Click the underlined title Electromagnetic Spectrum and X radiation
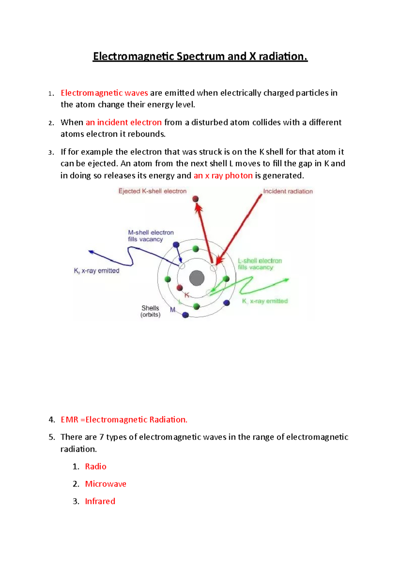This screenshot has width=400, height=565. pyautogui.click(x=200, y=56)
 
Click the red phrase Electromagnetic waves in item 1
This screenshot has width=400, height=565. pyautogui.click(x=104, y=93)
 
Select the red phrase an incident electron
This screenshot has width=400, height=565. pyautogui.click(x=124, y=122)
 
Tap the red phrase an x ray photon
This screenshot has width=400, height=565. pyautogui.click(x=223, y=175)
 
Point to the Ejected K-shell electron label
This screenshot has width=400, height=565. pyautogui.click(x=152, y=191)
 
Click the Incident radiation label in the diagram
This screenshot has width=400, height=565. pyautogui.click(x=288, y=191)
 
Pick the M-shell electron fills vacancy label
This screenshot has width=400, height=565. pyautogui.click(x=151, y=236)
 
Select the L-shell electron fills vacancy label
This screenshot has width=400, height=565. pyautogui.click(x=260, y=264)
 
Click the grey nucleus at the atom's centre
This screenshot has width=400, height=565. pyautogui.click(x=197, y=278)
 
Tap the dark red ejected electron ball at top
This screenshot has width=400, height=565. pyautogui.click(x=196, y=199)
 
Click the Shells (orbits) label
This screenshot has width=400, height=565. pyautogui.click(x=150, y=311)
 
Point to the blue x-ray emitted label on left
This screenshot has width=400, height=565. pyautogui.click(x=97, y=271)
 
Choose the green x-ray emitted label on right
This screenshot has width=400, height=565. pyautogui.click(x=265, y=301)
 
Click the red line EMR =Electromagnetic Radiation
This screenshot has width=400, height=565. pyautogui.click(x=124, y=420)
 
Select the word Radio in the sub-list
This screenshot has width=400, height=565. pyautogui.click(x=96, y=467)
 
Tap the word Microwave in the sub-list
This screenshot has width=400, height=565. pyautogui.click(x=106, y=484)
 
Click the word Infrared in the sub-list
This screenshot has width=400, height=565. pyautogui.click(x=100, y=501)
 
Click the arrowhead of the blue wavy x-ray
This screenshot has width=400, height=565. pyautogui.click(x=90, y=252)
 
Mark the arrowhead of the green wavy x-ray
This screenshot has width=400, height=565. pyautogui.click(x=287, y=280)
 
